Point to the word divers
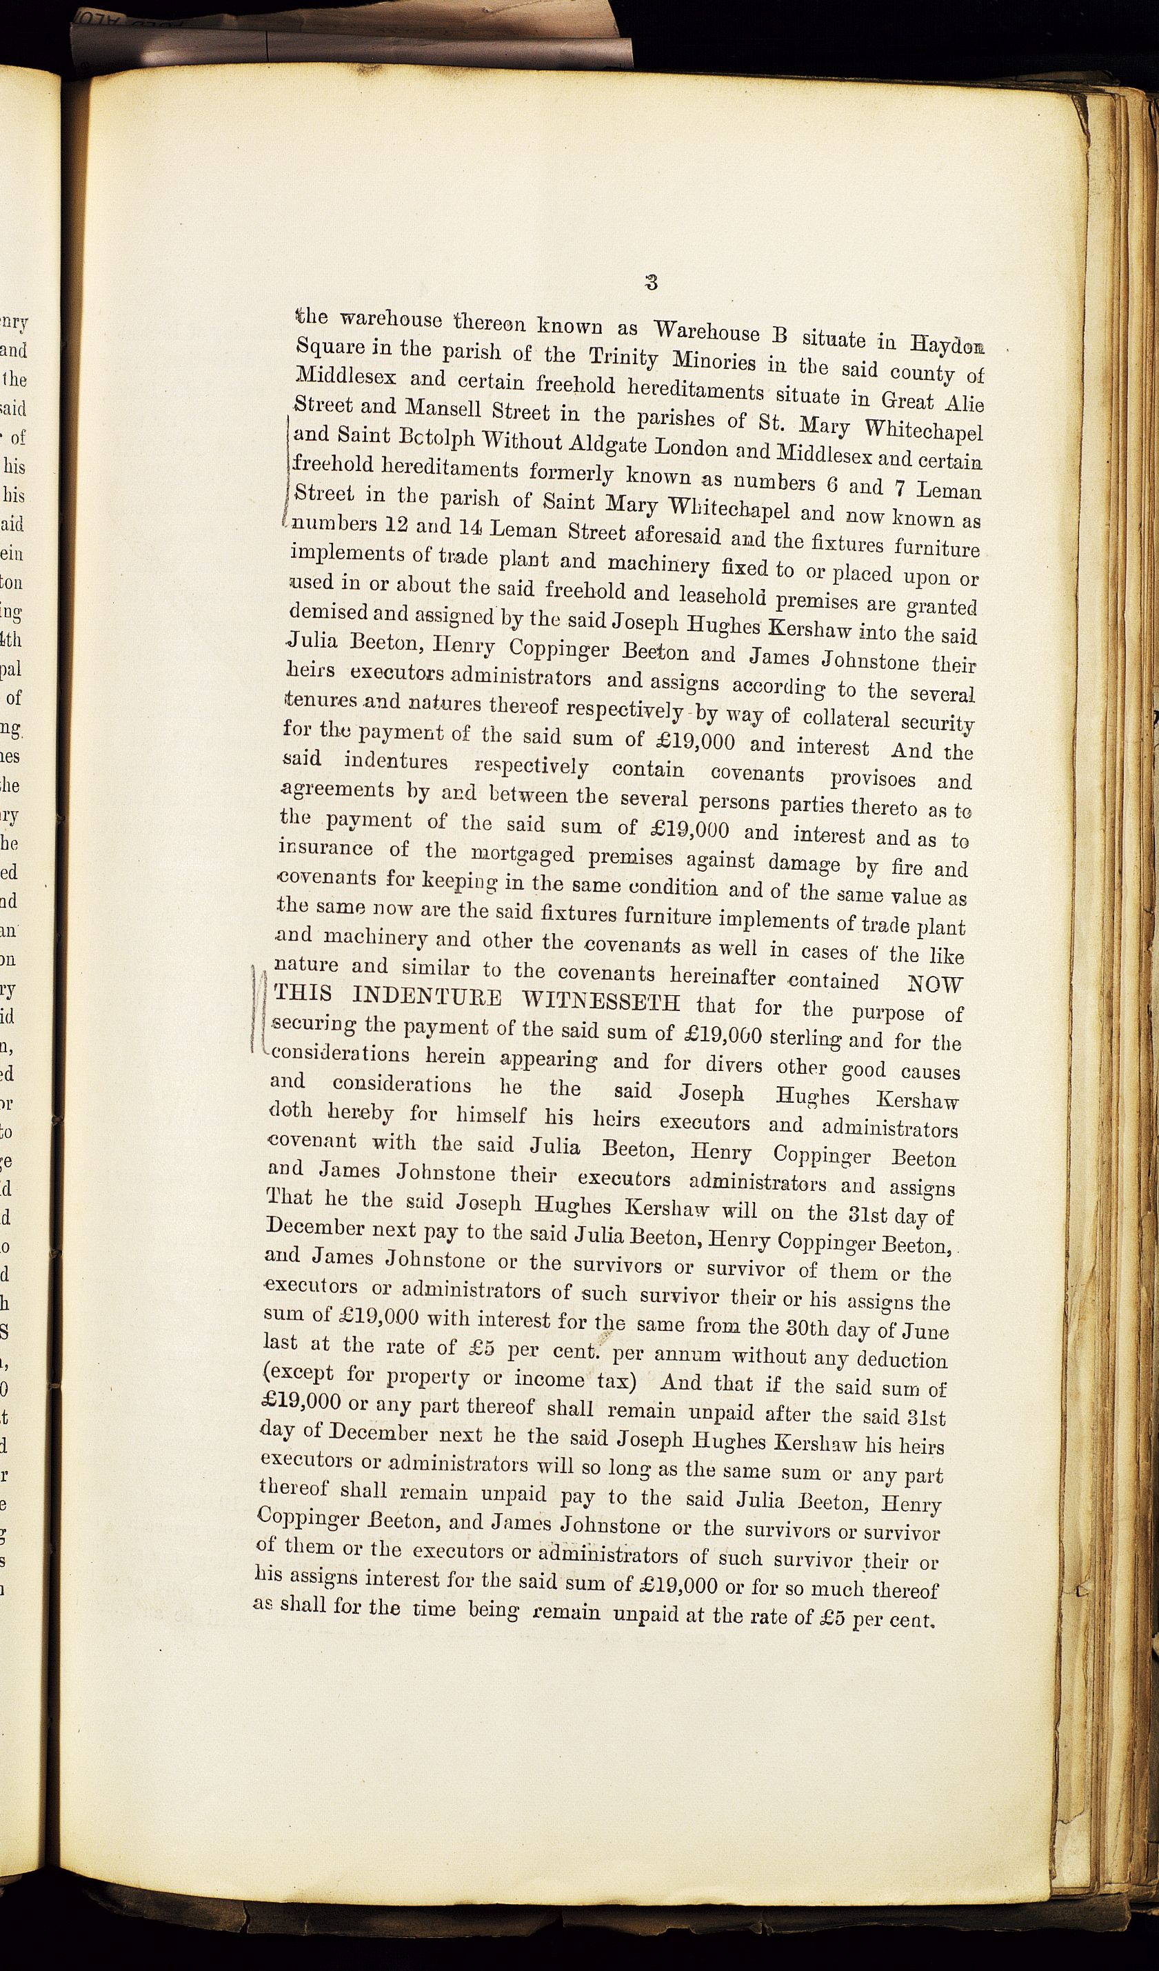click(730, 1065)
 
